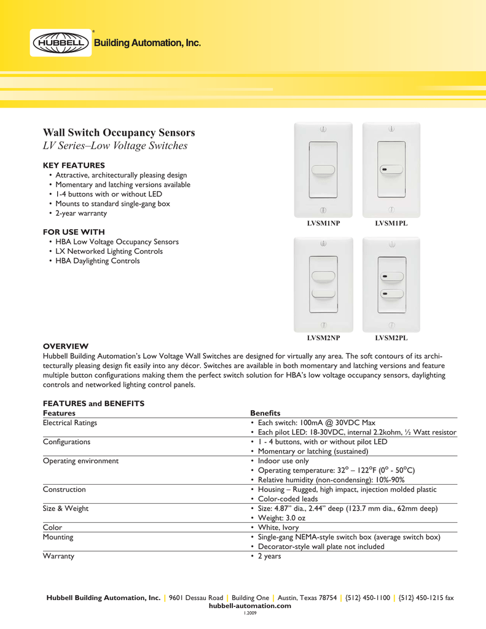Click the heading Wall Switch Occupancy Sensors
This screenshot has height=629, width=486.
(x=119, y=133)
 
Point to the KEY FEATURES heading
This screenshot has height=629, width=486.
(x=74, y=165)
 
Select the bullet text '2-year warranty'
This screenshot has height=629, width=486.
(x=80, y=213)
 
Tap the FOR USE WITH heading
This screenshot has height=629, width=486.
(x=74, y=232)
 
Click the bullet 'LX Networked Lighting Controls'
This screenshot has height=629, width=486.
(x=109, y=251)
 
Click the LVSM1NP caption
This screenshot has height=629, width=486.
(x=323, y=224)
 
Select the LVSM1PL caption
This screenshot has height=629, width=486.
(x=391, y=224)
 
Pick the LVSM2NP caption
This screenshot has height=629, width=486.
(x=323, y=338)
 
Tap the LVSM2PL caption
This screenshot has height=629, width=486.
(x=391, y=338)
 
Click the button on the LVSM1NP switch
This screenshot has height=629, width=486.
(x=323, y=171)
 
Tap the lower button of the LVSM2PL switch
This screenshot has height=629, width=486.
(x=391, y=294)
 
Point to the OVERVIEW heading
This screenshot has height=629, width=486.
(x=66, y=346)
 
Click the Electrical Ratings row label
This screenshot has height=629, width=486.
(x=69, y=423)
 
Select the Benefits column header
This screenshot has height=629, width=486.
(x=265, y=413)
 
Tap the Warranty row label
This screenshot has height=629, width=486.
(x=58, y=556)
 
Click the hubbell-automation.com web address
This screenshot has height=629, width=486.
(x=250, y=606)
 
